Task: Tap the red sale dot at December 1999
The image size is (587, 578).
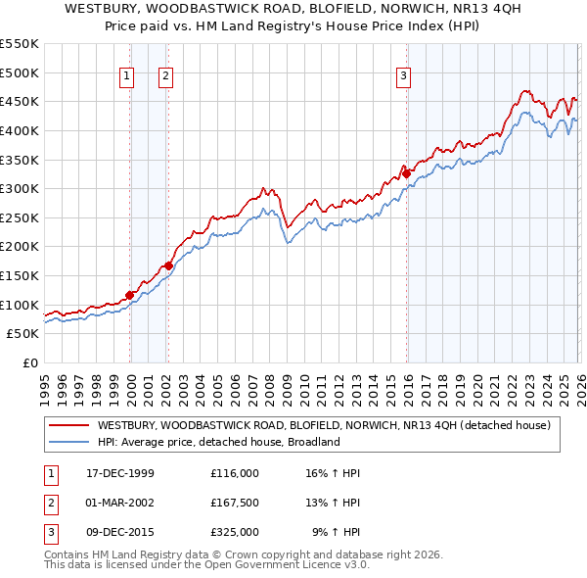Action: pyautogui.click(x=129, y=295)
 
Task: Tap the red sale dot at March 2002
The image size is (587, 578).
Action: pyautogui.click(x=168, y=265)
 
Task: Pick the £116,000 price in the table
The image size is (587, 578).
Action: pyautogui.click(x=235, y=473)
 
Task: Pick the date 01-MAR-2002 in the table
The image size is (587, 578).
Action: pyautogui.click(x=120, y=503)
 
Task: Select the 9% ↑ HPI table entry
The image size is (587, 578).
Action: pyautogui.click(x=337, y=532)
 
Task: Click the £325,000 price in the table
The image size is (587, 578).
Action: pyautogui.click(x=235, y=532)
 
